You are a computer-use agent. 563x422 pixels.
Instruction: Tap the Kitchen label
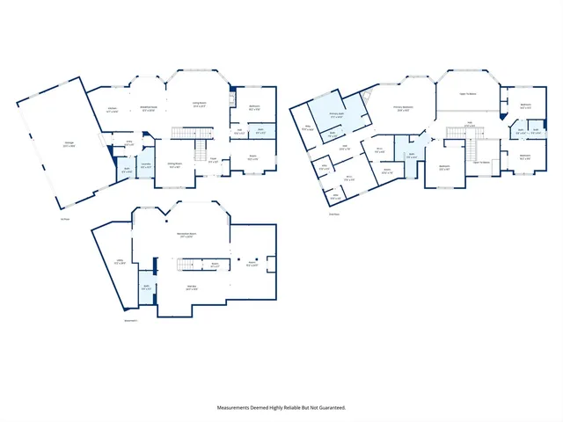113,112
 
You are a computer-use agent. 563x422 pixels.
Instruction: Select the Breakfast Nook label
150,109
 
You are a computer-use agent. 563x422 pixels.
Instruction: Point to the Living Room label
200,105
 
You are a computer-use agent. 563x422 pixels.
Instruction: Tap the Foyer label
214,160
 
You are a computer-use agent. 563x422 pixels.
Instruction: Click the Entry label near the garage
128,142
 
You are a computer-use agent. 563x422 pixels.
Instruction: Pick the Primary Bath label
336,115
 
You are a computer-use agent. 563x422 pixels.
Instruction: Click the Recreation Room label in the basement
186,235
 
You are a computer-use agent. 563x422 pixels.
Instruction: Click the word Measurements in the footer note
238,408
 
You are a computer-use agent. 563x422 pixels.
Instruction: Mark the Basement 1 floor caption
131,321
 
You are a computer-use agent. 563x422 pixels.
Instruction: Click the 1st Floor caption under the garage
64,219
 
